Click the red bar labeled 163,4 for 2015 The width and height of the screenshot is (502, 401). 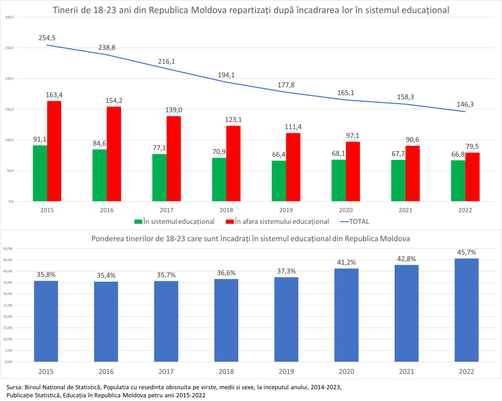54,151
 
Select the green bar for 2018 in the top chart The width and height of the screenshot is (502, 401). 219,179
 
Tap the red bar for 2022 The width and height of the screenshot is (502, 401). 472,177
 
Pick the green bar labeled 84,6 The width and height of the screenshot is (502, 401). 100,175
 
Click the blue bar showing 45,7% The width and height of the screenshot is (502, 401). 466,310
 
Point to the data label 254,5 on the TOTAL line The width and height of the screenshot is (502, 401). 48,38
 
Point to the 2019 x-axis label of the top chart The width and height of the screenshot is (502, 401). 286,210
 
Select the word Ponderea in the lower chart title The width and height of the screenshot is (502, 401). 108,239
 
